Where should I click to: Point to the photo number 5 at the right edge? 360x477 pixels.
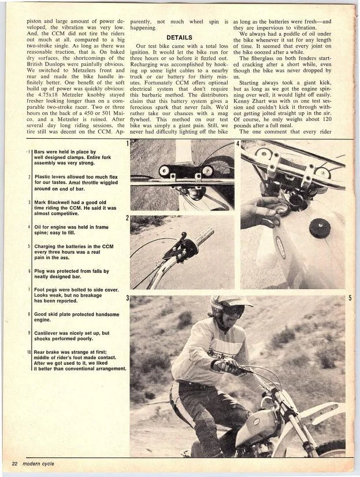pos(350,298)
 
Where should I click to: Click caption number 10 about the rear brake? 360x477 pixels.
pos(29,352)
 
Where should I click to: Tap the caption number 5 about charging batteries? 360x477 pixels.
pos(29,245)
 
